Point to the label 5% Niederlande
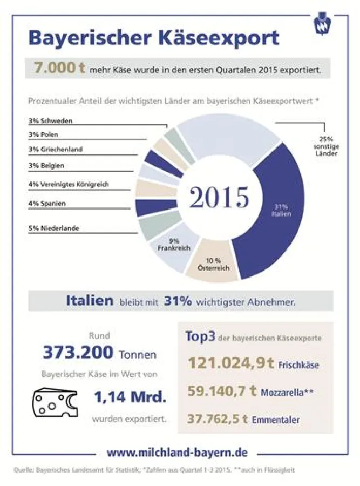point(53,228)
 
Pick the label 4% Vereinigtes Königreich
point(69,185)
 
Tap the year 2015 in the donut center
point(219,198)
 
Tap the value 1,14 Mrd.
point(129,397)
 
